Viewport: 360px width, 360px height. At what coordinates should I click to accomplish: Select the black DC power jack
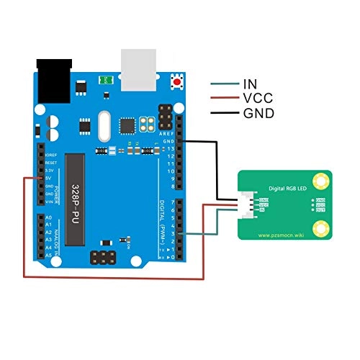coord(53,81)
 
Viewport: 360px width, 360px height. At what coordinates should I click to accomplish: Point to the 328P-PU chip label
coord(75,194)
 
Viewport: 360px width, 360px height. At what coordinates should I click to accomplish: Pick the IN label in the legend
coord(251,84)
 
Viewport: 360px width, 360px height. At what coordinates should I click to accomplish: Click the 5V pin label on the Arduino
coord(50,177)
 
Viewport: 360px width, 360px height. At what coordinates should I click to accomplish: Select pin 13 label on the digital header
coord(171,148)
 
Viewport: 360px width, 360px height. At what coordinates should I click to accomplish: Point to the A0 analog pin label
coord(48,217)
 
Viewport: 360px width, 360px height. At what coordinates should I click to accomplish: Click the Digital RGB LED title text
coord(289,186)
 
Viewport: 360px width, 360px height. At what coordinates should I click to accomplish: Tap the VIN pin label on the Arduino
coord(50,202)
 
